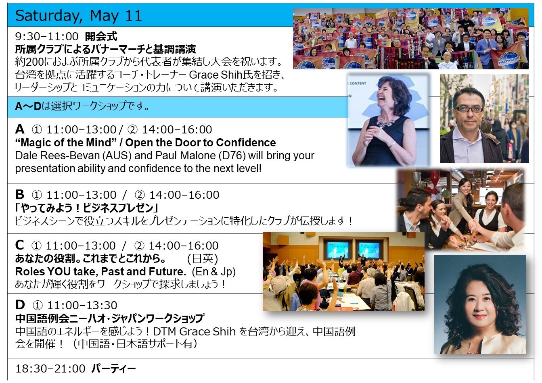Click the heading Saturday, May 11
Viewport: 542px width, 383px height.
[78, 16]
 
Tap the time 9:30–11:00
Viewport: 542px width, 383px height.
[47, 37]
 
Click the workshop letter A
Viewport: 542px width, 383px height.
[20, 129]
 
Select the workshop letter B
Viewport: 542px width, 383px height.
[20, 194]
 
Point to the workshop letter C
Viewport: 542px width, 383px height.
[19, 245]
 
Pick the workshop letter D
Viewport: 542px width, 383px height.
[20, 305]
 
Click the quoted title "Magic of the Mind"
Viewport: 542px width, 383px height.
[66, 142]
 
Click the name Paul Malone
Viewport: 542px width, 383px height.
[185, 155]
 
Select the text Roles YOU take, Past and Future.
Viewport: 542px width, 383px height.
[100, 272]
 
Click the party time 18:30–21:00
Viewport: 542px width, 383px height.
[50, 369]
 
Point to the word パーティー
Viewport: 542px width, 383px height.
[114, 369]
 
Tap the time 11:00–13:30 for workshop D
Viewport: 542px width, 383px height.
[82, 305]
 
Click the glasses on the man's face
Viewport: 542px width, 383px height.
[469, 109]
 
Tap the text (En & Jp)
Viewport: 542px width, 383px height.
[213, 272]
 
